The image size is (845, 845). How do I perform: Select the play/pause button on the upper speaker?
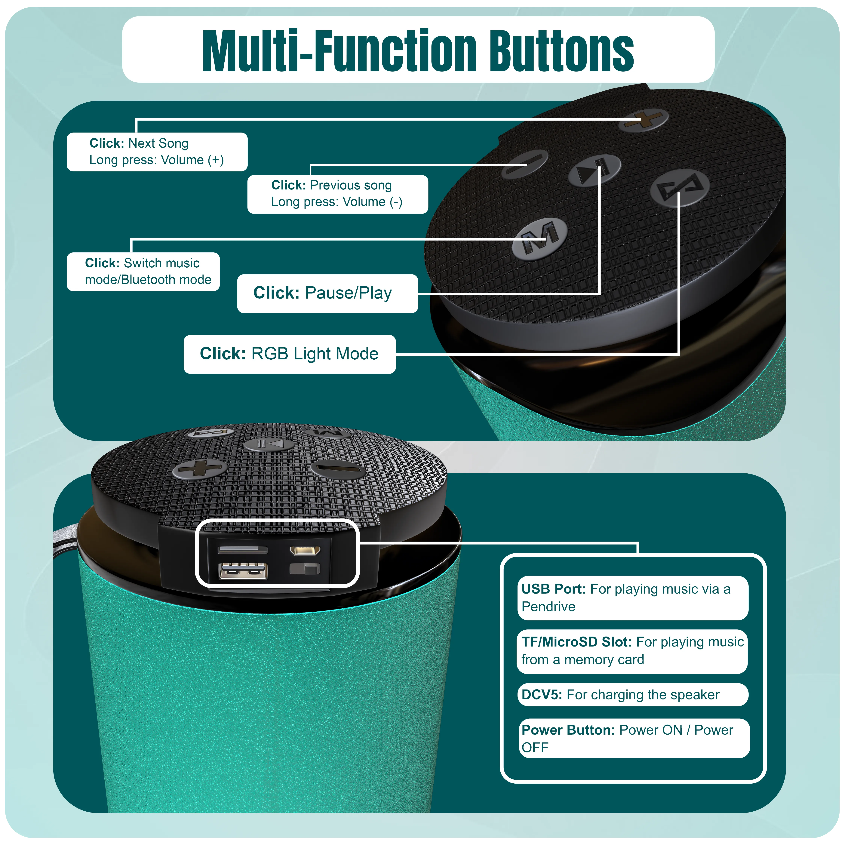(594, 170)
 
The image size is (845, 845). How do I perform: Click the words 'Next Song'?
(158, 143)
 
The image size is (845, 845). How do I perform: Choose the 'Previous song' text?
(351, 186)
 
